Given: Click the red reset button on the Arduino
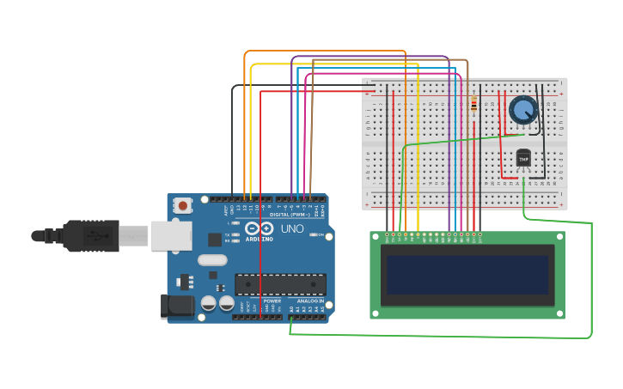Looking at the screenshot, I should pos(182,205).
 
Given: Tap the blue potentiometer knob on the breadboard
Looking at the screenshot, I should pos(522,110).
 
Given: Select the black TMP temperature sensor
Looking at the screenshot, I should pos(523,158).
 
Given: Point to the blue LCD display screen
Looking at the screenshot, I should pos(467,274).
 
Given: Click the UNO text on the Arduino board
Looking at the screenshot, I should pos(292,229).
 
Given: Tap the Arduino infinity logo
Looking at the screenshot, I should pos(259,229).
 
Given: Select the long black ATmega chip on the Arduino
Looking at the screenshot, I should pos(280,284).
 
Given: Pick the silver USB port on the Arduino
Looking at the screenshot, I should pos(171,235).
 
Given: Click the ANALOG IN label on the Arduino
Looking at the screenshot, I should pos(310,301).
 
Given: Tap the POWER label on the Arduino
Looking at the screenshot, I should pos(272,301).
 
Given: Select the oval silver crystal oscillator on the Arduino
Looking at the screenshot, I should pos(212,260).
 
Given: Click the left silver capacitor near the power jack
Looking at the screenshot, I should pos(209,303).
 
